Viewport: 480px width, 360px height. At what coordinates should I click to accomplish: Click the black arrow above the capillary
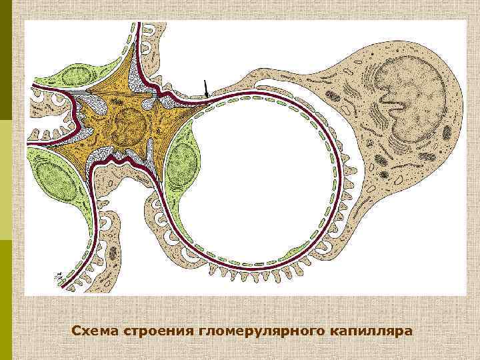(x=205, y=89)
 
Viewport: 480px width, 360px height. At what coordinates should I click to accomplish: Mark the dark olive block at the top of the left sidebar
(x=5, y=60)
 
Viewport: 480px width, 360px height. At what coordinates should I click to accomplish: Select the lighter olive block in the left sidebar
(x=5, y=180)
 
